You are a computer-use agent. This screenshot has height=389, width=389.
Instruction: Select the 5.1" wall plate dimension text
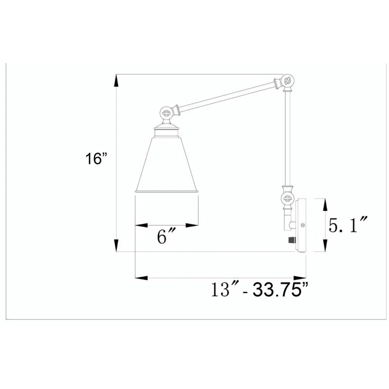[347, 226]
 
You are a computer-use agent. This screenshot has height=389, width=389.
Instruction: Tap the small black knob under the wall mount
[291, 240]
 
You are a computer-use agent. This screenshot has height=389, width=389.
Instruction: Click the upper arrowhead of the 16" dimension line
[116, 81]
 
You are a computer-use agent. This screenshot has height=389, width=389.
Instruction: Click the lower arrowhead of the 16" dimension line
[116, 246]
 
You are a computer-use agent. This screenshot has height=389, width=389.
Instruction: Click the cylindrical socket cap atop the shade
[167, 130]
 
